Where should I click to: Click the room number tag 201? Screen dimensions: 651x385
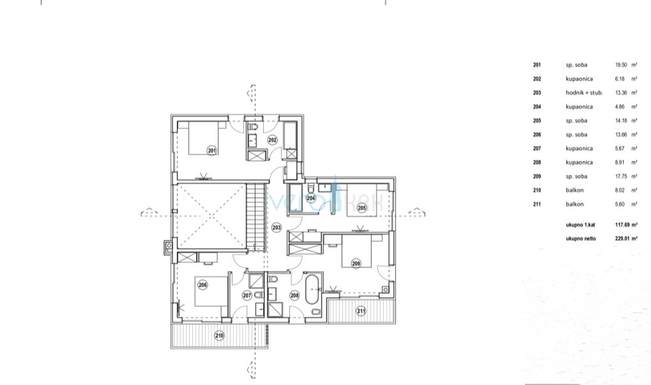click(x=212, y=151)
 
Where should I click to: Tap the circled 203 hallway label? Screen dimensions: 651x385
click(x=276, y=228)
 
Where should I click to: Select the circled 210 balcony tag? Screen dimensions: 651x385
click(x=219, y=336)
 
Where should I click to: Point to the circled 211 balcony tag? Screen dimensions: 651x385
click(x=361, y=311)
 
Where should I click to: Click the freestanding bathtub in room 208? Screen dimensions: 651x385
click(x=312, y=289)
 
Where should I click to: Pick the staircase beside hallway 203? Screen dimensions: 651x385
click(x=256, y=217)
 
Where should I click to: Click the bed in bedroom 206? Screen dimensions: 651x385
click(x=211, y=291)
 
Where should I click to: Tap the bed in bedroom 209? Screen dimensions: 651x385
click(x=356, y=251)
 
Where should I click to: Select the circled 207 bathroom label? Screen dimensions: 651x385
click(x=247, y=296)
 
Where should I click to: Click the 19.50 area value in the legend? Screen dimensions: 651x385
click(x=621, y=65)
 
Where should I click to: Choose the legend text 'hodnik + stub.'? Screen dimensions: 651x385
click(x=584, y=93)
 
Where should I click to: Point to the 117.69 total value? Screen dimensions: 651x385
click(x=622, y=225)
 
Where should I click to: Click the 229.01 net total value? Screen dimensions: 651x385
click(x=622, y=239)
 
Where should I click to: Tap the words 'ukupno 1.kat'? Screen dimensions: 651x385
click(x=580, y=225)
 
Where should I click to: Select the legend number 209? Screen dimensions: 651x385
click(x=537, y=176)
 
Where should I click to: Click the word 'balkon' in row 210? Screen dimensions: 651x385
click(x=575, y=190)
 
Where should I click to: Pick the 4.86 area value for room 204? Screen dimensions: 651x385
click(x=620, y=107)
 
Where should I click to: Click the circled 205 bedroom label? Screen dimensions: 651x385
click(x=362, y=208)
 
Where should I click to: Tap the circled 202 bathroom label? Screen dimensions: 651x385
click(x=272, y=140)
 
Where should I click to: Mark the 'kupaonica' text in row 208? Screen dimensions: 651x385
click(x=579, y=163)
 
